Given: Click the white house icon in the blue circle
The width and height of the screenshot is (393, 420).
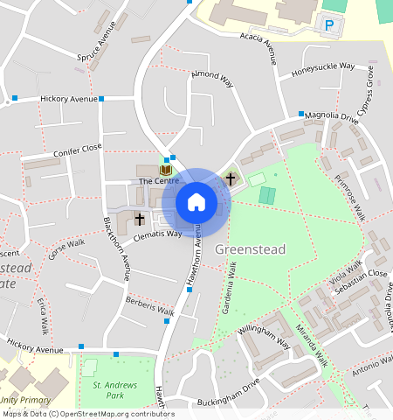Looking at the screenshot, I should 196,202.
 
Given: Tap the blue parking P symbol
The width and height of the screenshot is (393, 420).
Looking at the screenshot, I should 329,26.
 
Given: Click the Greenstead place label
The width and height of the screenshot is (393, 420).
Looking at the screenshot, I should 252,249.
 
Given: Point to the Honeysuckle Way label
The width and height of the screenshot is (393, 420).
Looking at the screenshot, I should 322,66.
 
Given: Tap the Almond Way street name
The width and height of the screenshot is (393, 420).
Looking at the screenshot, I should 213,80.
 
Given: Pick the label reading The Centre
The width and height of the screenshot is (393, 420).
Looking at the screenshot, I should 159,181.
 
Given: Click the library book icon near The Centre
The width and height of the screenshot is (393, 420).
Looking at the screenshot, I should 165,169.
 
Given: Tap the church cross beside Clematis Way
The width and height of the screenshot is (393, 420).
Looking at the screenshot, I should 139,219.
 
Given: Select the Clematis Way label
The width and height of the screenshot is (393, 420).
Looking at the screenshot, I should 157,234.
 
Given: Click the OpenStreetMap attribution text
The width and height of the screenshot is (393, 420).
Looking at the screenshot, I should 87,414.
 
